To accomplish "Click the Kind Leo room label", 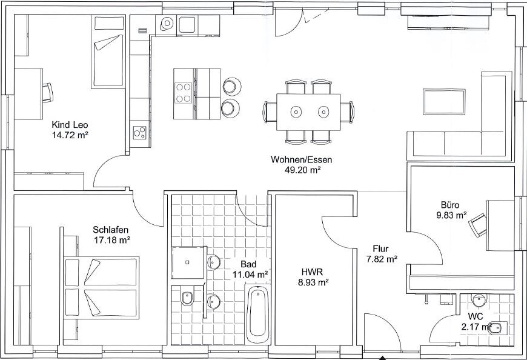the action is point(70,125).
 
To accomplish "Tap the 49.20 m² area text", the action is point(302,170).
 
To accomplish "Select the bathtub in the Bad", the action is point(258,313).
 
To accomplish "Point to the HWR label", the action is point(312,272).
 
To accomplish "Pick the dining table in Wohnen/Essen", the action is point(308,112).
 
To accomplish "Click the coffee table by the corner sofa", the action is point(444,101).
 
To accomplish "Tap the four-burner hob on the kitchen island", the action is point(184,93).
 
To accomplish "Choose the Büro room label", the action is point(450,205).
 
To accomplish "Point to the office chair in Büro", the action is point(477,225).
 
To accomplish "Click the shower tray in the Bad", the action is point(188,262).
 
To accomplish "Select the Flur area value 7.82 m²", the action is point(381,259).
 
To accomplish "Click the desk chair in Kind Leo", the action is point(47,93).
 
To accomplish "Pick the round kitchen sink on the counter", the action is point(167,24).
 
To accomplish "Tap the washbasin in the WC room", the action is point(479,300).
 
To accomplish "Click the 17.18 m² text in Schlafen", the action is point(111,240).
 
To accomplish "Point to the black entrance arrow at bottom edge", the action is point(382,358).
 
